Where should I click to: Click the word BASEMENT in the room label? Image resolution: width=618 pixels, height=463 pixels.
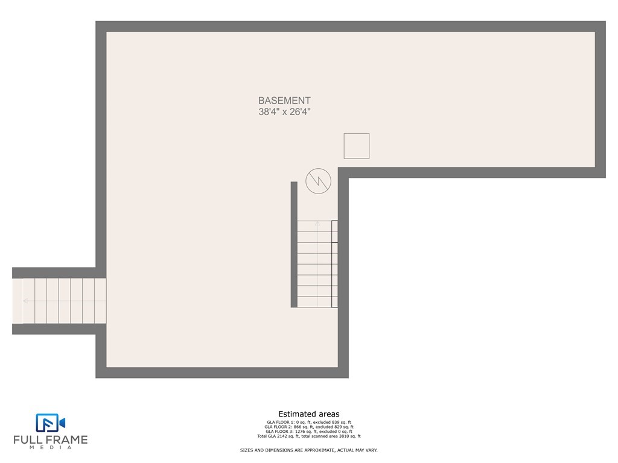(x=284, y=101)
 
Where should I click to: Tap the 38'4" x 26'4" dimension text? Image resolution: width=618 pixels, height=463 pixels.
(x=284, y=112)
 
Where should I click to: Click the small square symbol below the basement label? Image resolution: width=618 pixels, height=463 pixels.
(x=356, y=146)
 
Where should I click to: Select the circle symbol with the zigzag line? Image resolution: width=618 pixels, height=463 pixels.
(x=318, y=181)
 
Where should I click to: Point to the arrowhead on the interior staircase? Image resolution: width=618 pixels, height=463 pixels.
(x=317, y=223)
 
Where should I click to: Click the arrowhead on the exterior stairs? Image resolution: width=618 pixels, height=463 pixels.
(x=25, y=301)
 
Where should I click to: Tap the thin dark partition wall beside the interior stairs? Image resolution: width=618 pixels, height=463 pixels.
(x=294, y=245)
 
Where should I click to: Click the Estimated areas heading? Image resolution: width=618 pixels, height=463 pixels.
(x=308, y=414)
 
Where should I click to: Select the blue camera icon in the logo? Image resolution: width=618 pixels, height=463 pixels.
(x=51, y=423)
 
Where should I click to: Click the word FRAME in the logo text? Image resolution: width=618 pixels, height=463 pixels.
(x=70, y=439)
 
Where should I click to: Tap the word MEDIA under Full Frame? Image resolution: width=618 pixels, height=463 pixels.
(x=51, y=448)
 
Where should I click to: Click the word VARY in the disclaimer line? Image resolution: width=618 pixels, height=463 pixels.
(x=371, y=450)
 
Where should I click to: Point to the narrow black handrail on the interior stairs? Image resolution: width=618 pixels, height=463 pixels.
(x=334, y=264)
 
